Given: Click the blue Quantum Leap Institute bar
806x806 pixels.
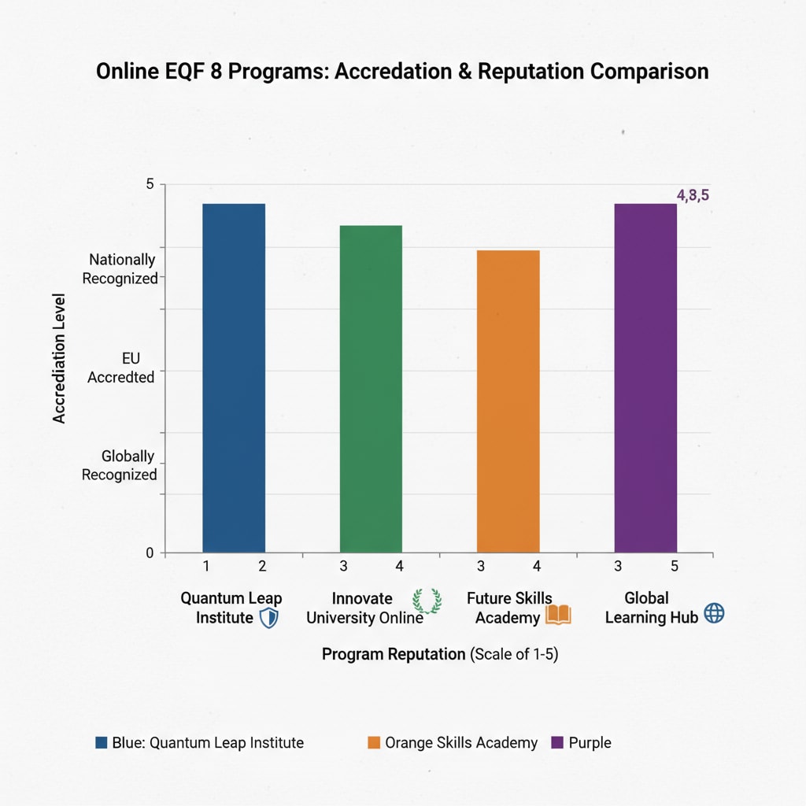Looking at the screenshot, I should click(234, 378).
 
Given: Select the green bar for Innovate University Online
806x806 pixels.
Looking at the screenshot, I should click(371, 389).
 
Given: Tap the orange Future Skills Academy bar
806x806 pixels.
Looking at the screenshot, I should click(508, 401).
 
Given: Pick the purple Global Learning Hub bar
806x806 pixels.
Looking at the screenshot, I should click(645, 378).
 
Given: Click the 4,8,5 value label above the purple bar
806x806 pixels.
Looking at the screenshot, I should click(693, 196).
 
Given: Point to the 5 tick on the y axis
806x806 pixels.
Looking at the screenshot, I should click(150, 184).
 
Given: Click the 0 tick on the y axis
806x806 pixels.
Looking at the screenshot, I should click(150, 553).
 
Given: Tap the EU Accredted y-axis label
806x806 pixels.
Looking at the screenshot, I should click(120, 368).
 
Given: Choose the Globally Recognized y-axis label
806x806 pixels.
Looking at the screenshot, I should click(120, 465).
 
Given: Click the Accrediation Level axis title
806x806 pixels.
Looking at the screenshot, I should click(59, 358).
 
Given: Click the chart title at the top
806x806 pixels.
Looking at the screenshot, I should click(402, 71).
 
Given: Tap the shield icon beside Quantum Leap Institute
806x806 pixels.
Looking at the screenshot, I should click(268, 618).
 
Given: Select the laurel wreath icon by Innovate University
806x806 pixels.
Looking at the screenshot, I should click(427, 601).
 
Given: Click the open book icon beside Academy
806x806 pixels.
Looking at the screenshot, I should click(558, 616).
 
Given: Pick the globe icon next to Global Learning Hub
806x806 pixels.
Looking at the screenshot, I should click(713, 614).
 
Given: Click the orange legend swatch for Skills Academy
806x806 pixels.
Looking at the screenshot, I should click(374, 742).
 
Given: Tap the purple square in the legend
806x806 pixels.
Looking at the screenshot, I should click(558, 742).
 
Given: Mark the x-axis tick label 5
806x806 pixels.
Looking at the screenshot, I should click(674, 565).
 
